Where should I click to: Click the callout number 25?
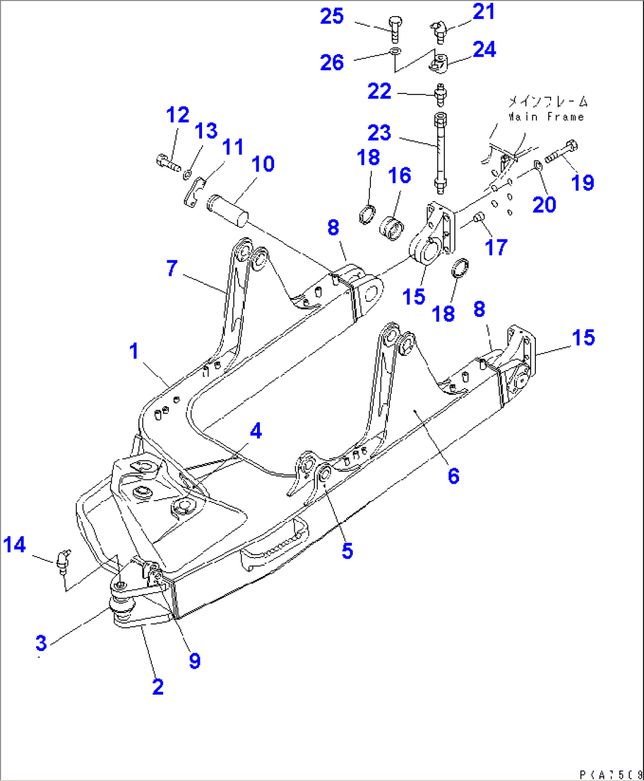(x=331, y=17)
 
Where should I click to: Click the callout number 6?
(x=453, y=476)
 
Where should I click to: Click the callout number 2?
(x=158, y=687)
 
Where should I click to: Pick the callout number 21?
(x=483, y=12)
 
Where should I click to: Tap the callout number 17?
(x=496, y=247)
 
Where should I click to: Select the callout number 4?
(x=255, y=431)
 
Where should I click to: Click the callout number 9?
(x=194, y=660)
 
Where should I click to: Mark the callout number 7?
(x=171, y=268)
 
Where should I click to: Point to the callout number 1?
(x=134, y=351)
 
